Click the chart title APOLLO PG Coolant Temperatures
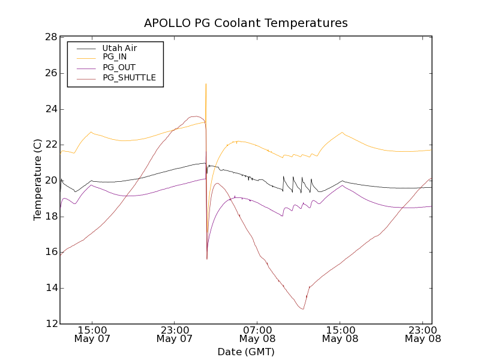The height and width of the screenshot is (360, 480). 246,23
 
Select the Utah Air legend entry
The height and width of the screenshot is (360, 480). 124,48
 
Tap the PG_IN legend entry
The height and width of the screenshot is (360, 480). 115,57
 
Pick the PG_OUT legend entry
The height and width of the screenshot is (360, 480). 119,67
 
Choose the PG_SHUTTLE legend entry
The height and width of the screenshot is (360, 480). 129,77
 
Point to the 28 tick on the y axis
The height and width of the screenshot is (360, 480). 50,37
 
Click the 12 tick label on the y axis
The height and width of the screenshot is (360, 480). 50,324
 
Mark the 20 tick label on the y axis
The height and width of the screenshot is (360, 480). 50,181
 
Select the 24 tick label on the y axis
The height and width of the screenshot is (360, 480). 50,109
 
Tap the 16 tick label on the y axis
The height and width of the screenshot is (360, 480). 50,252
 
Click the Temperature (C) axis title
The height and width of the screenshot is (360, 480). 38,180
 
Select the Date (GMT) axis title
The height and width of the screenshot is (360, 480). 246,352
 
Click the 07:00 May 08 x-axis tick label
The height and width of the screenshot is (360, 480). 257,334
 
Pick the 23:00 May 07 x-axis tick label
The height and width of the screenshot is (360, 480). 174,334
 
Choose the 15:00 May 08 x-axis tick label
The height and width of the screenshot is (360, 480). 340,334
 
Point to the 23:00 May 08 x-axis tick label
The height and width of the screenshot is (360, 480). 422,334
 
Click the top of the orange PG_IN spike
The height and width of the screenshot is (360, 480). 206,84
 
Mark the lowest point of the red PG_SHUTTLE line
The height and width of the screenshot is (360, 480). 303,309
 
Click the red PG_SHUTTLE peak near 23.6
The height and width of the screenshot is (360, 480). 196,116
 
